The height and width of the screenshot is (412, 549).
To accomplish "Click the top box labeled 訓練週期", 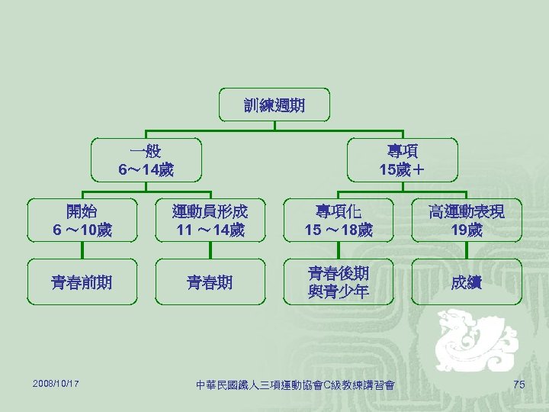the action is click(x=274, y=105).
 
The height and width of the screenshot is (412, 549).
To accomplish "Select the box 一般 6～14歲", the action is click(x=146, y=159).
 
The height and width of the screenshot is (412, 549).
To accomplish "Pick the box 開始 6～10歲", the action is click(x=82, y=220).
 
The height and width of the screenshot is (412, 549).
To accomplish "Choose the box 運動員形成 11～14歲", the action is click(x=210, y=220).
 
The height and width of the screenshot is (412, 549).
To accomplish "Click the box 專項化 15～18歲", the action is click(x=339, y=220).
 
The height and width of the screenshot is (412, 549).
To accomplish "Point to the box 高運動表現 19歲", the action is click(x=466, y=220).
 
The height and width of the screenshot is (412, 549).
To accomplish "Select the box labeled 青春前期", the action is click(x=82, y=282).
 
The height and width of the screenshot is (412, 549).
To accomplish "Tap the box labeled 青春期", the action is click(x=210, y=282).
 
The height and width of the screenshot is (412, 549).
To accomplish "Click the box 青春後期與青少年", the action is click(x=339, y=282).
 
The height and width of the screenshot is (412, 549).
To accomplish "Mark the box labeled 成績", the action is click(x=466, y=282).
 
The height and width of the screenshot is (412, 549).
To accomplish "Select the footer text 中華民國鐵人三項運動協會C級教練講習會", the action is click(x=295, y=385).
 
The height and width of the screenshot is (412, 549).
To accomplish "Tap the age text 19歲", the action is click(x=466, y=229).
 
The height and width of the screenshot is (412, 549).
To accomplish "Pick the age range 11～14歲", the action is click(x=210, y=229).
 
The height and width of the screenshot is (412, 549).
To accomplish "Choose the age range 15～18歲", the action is click(x=339, y=229).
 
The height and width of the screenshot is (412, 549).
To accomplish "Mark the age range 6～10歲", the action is click(x=82, y=229).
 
